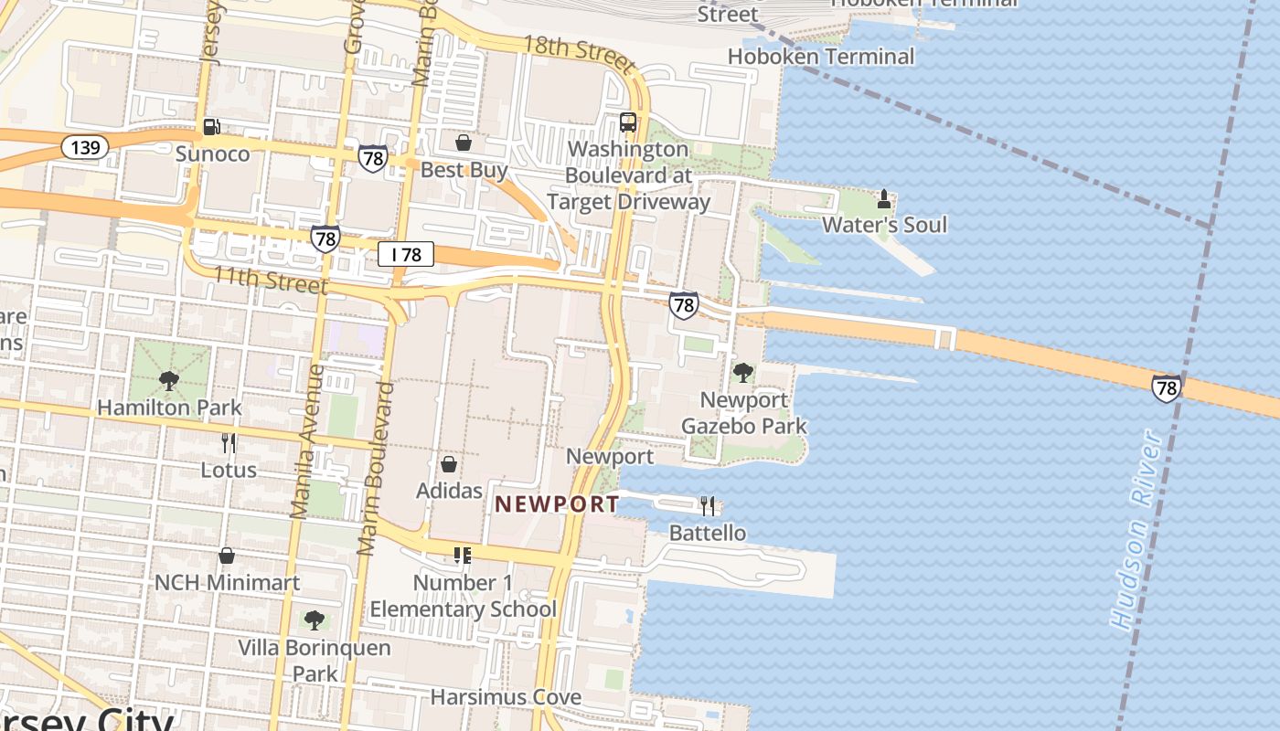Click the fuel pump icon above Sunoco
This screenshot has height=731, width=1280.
tap(211, 127)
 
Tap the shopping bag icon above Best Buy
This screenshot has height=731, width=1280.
tap(464, 143)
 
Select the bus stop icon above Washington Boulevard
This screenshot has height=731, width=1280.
tap(628, 122)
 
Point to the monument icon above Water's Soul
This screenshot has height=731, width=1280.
tap(884, 198)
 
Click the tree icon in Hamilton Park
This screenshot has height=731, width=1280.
tap(168, 381)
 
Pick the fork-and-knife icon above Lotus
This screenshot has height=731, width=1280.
tap(229, 443)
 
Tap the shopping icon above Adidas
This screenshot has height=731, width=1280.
tap(449, 464)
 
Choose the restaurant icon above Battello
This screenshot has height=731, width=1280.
tap(708, 505)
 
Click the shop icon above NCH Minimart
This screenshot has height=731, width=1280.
tap(227, 556)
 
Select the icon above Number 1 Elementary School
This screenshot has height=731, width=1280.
tap(462, 556)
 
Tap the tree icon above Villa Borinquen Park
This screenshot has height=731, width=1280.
tap(315, 620)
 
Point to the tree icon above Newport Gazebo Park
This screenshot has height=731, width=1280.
tap(743, 373)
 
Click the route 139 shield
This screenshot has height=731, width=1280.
tap(86, 147)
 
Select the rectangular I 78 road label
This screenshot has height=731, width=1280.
tap(406, 254)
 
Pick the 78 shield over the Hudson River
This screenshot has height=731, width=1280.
tap(1166, 388)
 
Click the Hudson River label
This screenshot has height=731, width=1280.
tap(1137, 530)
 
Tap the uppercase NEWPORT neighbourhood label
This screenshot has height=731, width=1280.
tap(557, 503)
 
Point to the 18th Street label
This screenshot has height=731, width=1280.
tap(579, 54)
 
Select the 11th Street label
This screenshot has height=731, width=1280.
tap(270, 280)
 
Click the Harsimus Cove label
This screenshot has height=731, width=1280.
tap(506, 697)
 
